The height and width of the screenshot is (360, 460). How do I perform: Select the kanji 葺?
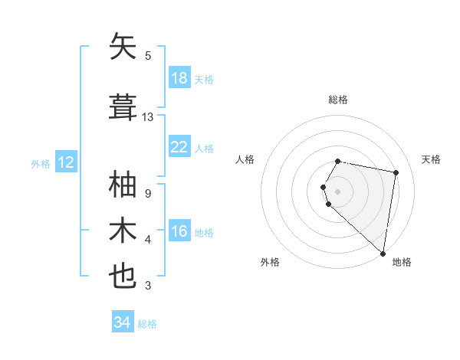(x=123, y=106)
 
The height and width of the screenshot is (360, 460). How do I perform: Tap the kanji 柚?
(x=123, y=185)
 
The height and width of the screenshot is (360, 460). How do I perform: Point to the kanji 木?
(x=123, y=231)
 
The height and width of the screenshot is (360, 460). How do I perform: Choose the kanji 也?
(x=123, y=276)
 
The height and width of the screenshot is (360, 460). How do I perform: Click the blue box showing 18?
(x=179, y=78)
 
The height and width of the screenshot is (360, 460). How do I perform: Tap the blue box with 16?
(x=179, y=231)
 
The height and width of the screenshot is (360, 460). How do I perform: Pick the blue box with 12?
(x=66, y=162)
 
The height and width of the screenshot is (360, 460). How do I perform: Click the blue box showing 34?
(x=122, y=322)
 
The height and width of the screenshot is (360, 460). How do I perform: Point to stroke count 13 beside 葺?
(x=148, y=117)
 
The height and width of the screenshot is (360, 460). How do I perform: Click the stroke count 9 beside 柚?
(x=147, y=194)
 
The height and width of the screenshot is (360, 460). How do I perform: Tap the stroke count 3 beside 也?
(x=147, y=286)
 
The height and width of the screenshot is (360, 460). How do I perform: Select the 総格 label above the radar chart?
(x=338, y=100)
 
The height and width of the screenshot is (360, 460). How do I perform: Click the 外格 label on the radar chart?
(x=269, y=262)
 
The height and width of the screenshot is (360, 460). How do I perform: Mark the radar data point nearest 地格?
(x=383, y=253)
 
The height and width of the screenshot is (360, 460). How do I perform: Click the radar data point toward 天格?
(x=396, y=172)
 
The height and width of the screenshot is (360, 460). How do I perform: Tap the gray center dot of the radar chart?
(x=338, y=190)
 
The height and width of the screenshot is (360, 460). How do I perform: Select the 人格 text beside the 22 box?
(x=204, y=148)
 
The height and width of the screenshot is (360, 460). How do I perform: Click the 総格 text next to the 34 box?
(x=147, y=324)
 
